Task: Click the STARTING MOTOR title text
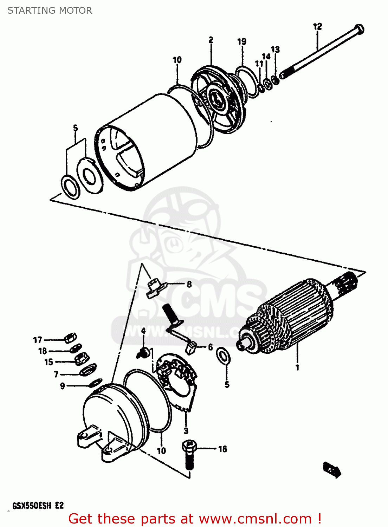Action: tap(50, 11)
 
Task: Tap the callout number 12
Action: tap(317, 26)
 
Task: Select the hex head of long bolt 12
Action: tap(359, 29)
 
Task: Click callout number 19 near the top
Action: tap(242, 42)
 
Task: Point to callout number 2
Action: tap(211, 40)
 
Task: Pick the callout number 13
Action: tap(275, 49)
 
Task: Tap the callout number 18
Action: tap(43, 351)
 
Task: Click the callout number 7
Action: tap(56, 375)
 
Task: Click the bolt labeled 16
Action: tap(189, 453)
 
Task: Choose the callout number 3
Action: tap(186, 430)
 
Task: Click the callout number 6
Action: tap(210, 347)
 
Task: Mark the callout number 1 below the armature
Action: tap(297, 367)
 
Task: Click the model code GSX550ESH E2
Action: tap(38, 506)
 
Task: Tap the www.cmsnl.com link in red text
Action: tap(256, 519)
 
